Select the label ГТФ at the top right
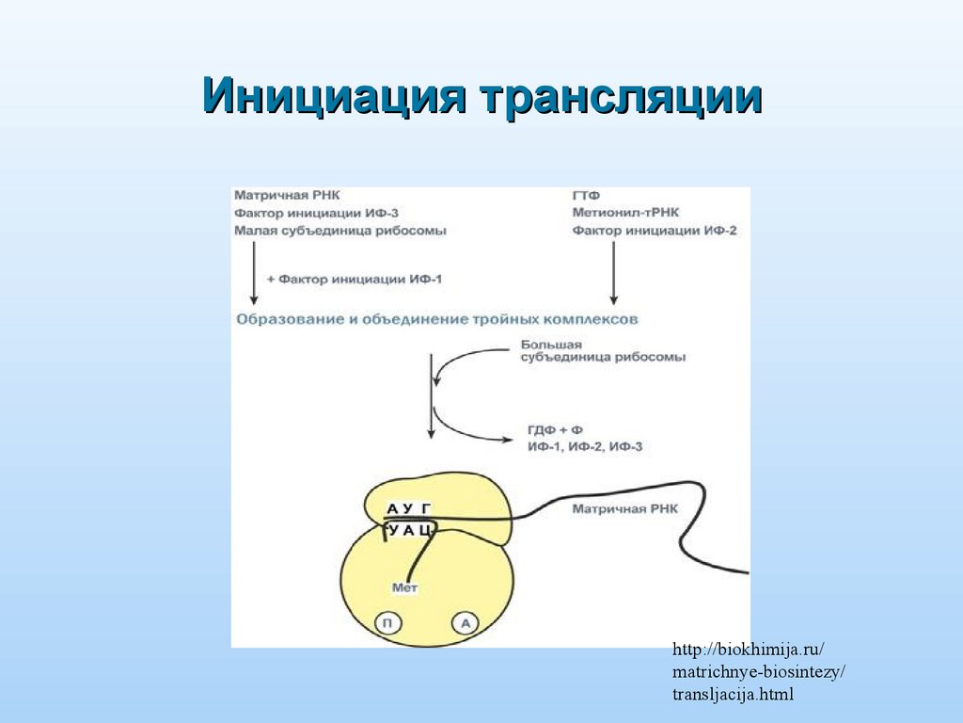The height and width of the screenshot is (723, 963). click(x=586, y=196)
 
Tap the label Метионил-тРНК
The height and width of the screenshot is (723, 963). click(x=625, y=213)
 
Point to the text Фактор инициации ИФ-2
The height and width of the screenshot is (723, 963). click(x=654, y=231)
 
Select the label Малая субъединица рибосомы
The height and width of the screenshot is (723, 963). click(x=339, y=231)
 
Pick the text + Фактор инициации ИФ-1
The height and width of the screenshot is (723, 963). click(x=354, y=280)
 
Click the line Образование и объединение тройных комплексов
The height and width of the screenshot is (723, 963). click(x=437, y=319)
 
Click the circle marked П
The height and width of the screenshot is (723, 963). click(x=387, y=622)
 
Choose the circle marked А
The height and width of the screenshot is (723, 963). click(x=465, y=622)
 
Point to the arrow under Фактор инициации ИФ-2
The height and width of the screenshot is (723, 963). click(x=614, y=273)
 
